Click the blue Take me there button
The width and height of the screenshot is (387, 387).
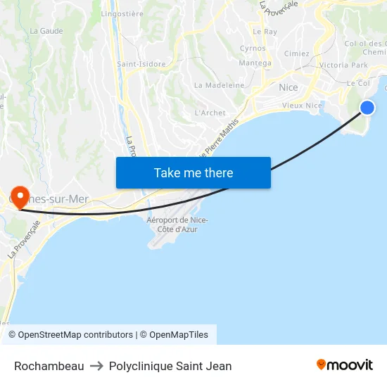click(x=193, y=173)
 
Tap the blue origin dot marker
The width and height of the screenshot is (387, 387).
click(x=367, y=107)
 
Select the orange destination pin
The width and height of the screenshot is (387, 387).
click(x=20, y=196)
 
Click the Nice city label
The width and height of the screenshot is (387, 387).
click(x=288, y=87)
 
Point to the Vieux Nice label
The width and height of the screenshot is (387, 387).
click(x=302, y=106)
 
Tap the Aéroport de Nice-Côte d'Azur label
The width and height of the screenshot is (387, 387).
click(x=177, y=224)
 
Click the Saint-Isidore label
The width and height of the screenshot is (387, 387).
click(x=141, y=64)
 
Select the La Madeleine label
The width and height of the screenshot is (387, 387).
click(x=219, y=85)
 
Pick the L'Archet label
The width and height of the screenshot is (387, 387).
click(x=210, y=113)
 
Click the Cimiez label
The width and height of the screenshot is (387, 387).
click(x=296, y=53)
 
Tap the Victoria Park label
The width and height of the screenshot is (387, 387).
click(x=343, y=65)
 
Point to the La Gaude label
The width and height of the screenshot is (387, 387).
click(x=46, y=31)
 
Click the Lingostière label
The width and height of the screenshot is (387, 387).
click(x=122, y=13)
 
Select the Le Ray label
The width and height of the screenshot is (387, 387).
click(x=265, y=32)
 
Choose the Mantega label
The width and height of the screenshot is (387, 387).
click(x=255, y=63)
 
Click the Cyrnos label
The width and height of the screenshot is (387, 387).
click(x=253, y=49)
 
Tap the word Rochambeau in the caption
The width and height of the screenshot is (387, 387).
click(x=49, y=366)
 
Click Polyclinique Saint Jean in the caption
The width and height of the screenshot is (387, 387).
click(x=170, y=366)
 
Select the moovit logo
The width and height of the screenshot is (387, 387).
click(x=344, y=364)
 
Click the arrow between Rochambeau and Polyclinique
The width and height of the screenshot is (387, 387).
click(x=96, y=366)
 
